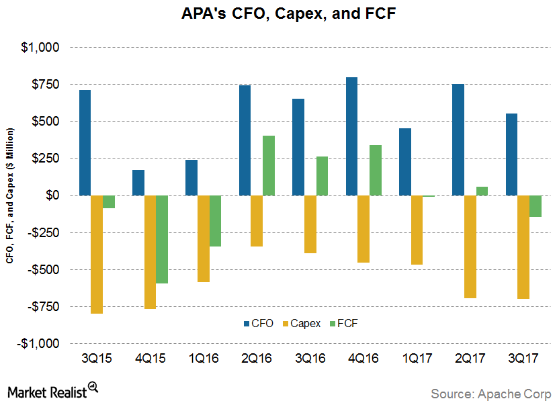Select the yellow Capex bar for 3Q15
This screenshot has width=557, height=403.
pos(97,255)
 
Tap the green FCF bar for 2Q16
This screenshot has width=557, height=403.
pos(269,165)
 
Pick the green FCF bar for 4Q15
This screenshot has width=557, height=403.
pos(162,239)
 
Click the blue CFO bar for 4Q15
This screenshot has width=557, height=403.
pos(138,183)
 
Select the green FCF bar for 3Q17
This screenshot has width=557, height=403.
pos(535,206)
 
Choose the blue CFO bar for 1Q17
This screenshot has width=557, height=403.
pos(405,162)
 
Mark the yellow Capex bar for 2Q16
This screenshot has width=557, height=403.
pos(257,221)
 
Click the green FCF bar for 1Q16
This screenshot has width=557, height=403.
pos(215,221)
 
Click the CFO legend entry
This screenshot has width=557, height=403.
pos(259,323)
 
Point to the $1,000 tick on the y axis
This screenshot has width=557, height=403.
pos(42,48)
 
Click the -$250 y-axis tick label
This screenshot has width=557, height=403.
pos(46,232)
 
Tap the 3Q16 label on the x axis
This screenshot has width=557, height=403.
pos(310,358)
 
